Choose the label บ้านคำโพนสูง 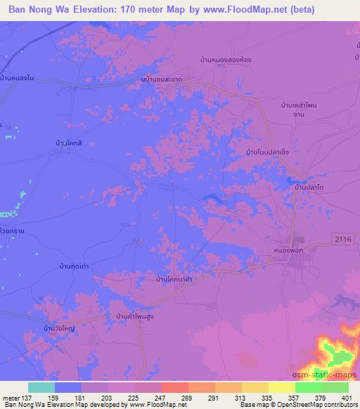click(x=136, y=318)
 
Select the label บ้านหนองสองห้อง click(x=224, y=61)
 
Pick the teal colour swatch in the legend click(x=41, y=387)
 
